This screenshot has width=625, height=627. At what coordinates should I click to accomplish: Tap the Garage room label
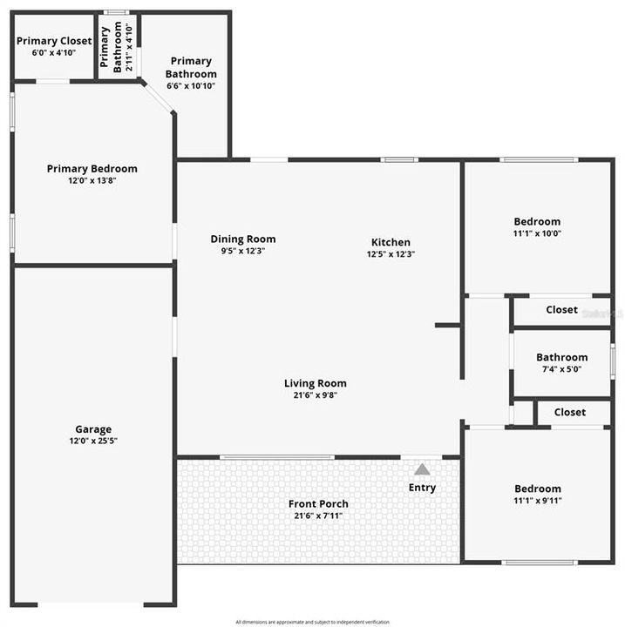[92, 429]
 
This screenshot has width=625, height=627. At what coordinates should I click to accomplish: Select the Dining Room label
[243, 239]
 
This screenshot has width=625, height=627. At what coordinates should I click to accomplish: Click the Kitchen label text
[391, 242]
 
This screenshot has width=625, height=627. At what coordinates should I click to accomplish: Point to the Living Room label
[315, 383]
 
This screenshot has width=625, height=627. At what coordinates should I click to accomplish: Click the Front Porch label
[318, 503]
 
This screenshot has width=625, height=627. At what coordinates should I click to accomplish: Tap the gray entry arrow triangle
[422, 469]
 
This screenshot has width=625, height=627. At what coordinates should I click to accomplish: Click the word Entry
[422, 488]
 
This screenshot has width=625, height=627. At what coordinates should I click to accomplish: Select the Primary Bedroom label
[92, 169]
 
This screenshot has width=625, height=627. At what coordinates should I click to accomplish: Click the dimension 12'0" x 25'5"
[92, 442]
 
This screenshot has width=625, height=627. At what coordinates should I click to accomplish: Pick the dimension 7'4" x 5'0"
[561, 368]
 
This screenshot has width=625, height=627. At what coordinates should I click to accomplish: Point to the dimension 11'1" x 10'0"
[537, 233]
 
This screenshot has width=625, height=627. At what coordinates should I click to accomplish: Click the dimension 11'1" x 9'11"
[537, 501]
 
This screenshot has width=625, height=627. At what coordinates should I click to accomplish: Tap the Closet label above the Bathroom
[561, 310]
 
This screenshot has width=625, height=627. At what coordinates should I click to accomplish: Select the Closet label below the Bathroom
[569, 412]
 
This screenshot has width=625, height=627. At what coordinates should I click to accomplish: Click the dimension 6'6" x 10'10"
[191, 86]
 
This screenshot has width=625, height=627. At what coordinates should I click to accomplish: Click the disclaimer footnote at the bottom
[312, 622]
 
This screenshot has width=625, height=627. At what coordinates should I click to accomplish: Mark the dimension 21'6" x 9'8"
[315, 394]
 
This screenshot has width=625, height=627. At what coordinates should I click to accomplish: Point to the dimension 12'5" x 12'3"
[391, 254]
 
